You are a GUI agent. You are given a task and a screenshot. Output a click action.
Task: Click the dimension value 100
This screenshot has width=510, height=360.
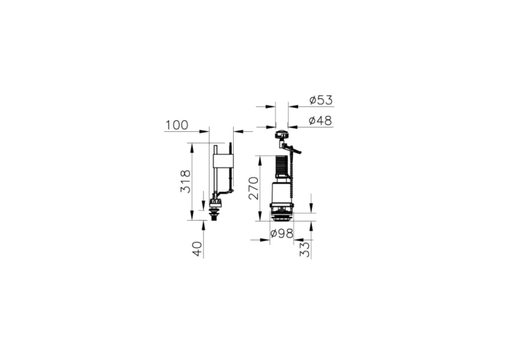tap(176, 125)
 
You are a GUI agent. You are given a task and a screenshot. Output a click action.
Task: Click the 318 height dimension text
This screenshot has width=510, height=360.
tap(186, 181)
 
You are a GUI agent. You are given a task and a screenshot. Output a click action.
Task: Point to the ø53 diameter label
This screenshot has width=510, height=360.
tap(321, 99)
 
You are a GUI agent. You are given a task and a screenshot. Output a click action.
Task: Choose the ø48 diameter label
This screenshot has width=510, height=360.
tap(321, 121)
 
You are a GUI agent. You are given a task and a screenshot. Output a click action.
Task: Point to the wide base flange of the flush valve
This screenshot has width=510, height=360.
tap(282, 214)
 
